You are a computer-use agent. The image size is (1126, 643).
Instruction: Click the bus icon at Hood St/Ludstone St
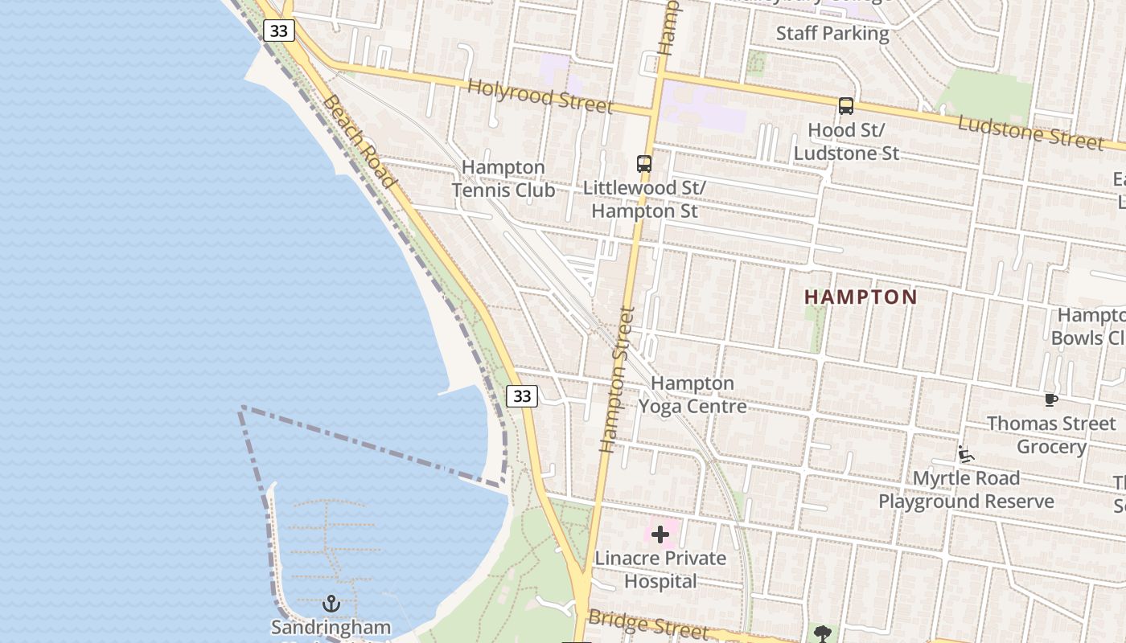(845, 105)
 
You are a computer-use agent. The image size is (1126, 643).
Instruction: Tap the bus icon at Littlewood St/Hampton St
(644, 164)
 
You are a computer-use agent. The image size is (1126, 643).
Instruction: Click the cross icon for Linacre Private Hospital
(660, 534)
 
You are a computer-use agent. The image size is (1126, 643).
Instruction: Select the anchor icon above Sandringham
(331, 604)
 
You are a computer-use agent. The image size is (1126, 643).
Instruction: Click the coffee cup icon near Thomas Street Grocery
(1050, 399)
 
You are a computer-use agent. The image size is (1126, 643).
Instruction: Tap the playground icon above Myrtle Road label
(966, 455)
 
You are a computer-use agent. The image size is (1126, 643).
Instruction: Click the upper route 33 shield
(278, 31)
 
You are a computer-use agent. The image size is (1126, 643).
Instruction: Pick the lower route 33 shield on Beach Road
(522, 395)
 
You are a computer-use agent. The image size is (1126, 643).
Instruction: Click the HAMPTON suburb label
(861, 297)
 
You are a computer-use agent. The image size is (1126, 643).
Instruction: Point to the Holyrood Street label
(540, 96)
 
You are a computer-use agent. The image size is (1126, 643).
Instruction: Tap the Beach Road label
(360, 141)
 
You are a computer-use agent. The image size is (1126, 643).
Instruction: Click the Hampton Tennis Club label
(503, 179)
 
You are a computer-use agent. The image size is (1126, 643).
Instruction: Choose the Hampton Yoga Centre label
(692, 395)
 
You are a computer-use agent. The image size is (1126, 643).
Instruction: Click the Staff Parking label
(832, 34)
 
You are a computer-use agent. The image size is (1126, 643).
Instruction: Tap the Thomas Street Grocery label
(1051, 435)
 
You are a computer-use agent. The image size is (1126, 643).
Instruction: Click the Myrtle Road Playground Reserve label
(966, 490)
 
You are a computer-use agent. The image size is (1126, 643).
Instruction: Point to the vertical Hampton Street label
(618, 379)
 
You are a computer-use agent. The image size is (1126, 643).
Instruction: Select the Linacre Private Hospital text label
(660, 569)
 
